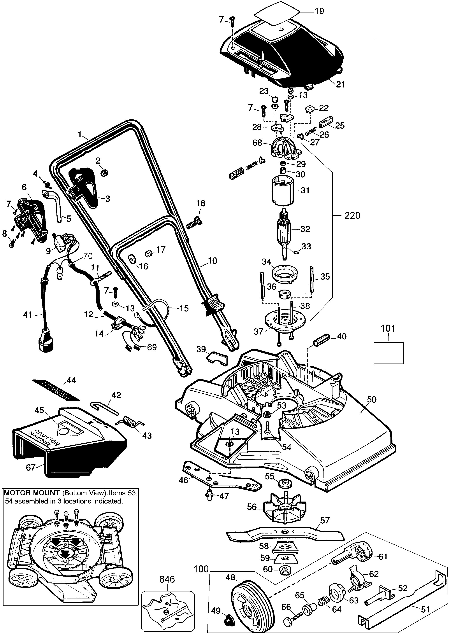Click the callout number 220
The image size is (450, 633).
[352, 215]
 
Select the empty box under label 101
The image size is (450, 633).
[388, 353]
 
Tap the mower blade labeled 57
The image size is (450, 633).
[285, 533]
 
